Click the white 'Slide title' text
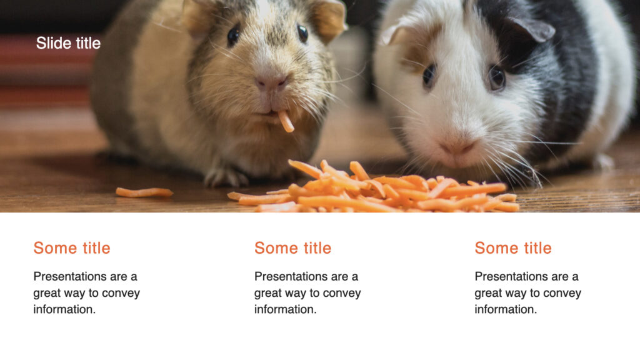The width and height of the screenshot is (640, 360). click(68, 43)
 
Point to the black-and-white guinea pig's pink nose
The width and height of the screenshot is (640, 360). click(458, 149)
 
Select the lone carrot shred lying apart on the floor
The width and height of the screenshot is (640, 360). click(144, 192)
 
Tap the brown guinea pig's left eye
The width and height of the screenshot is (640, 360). click(233, 35)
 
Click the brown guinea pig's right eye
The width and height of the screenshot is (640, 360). click(302, 33)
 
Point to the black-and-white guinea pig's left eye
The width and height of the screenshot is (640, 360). click(429, 75)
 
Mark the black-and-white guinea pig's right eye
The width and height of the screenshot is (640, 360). click(497, 77)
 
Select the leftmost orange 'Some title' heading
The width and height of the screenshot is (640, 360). click(72, 248)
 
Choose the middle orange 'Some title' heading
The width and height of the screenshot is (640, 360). click(292, 248)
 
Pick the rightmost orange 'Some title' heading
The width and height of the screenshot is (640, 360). click(513, 248)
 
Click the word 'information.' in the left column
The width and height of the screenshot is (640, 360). click(64, 309)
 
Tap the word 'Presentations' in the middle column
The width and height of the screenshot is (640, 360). click(288, 276)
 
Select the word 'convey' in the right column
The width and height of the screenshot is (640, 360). click(562, 293)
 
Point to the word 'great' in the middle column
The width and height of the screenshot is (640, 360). click(269, 293)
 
